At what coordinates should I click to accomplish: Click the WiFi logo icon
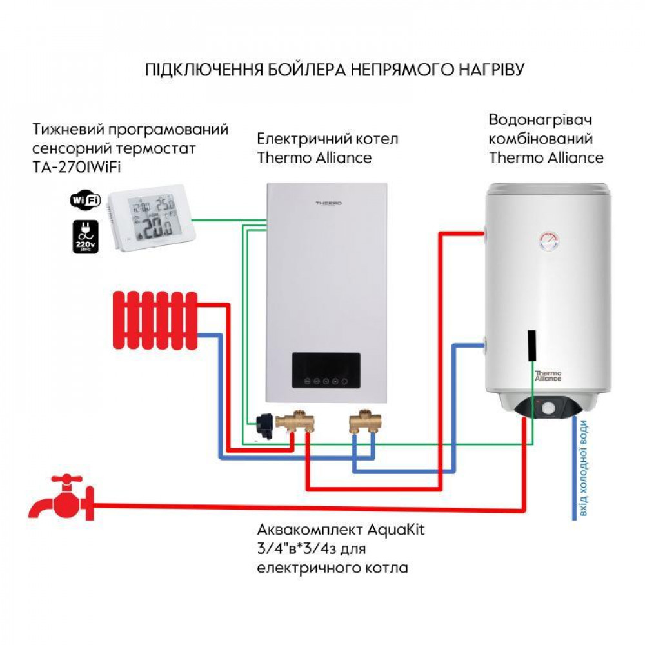[85, 200]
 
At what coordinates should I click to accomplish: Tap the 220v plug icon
[85, 236]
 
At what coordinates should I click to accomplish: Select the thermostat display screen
[149, 220]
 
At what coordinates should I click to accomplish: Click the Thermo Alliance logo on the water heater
[548, 375]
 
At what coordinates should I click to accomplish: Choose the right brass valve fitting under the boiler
[365, 422]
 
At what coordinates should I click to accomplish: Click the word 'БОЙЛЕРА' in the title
[284, 70]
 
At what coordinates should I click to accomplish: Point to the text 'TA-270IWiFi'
[77, 167]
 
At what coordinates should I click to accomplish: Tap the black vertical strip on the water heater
[531, 345]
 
